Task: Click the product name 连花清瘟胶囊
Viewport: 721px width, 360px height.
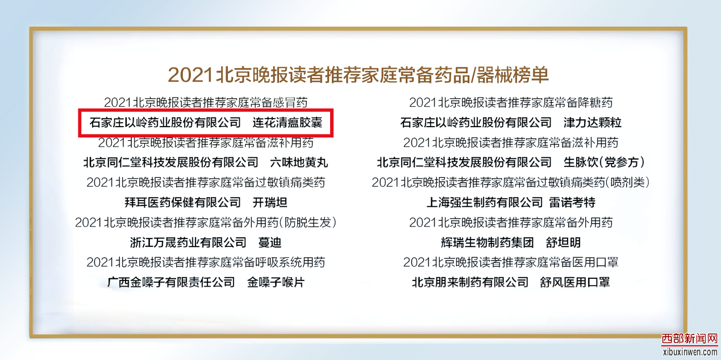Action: pyautogui.click(x=287, y=123)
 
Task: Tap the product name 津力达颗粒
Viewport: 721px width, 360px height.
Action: pyautogui.click(x=592, y=123)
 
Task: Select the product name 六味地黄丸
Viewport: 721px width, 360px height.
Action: pyautogui.click(x=299, y=162)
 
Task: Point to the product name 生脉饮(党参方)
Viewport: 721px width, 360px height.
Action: pyautogui.click(x=605, y=162)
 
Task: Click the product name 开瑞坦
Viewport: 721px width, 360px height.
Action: pyautogui.click(x=270, y=202)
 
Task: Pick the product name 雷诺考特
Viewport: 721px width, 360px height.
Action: pyautogui.click(x=572, y=202)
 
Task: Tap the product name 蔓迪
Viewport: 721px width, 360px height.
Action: pyautogui.click(x=270, y=242)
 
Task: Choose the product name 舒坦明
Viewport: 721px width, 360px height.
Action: pyautogui.click(x=563, y=242)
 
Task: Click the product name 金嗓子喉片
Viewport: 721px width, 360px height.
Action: pyautogui.click(x=276, y=282)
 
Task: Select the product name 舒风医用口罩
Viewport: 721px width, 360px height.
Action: pyautogui.click(x=575, y=282)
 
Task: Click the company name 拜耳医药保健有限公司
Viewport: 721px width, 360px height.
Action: pyautogui.click(x=182, y=202)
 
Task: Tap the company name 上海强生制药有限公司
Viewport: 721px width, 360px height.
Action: pyautogui.click(x=485, y=202)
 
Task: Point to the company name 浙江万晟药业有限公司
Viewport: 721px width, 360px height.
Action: pyautogui.click(x=188, y=242)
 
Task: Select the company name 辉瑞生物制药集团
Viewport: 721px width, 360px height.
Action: pyautogui.click(x=487, y=242)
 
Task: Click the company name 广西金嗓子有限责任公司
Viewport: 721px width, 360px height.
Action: pyautogui.click(x=171, y=282)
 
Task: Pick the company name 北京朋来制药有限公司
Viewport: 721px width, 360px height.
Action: pyautogui.click(x=470, y=282)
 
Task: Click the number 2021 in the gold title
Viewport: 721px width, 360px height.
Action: pyautogui.click(x=190, y=75)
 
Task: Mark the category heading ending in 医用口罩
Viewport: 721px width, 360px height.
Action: pyautogui.click(x=511, y=262)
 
